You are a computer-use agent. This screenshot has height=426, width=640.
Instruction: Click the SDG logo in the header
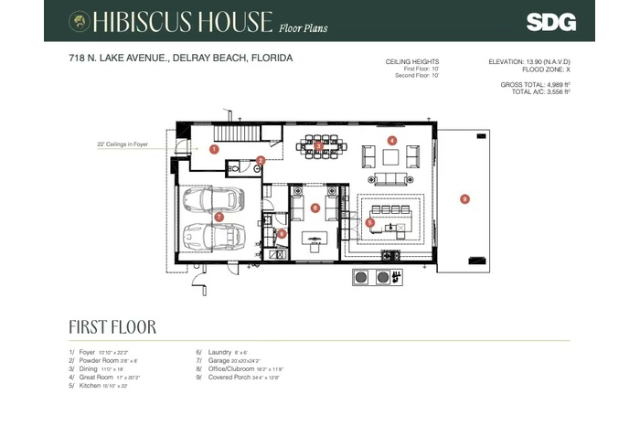point(550,21)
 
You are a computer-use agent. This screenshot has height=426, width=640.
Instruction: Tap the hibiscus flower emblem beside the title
point(80,21)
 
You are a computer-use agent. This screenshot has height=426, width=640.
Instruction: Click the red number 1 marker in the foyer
point(214,148)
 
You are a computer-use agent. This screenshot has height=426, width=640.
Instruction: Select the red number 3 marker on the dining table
point(317,144)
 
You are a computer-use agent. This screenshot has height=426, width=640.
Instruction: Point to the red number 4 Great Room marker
point(391,141)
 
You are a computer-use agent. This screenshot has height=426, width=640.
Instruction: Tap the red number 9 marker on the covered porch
point(464,198)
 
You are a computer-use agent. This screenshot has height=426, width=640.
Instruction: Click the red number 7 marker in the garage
point(219,217)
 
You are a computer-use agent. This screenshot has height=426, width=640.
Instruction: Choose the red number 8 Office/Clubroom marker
point(315,208)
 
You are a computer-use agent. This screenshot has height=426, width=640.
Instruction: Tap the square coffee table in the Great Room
point(391,157)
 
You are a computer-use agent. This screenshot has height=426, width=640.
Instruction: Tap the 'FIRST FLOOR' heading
point(112,326)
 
